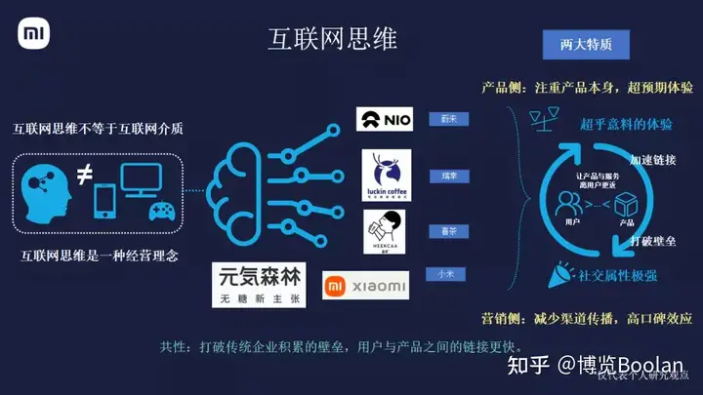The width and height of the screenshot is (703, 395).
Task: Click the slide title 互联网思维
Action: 333,38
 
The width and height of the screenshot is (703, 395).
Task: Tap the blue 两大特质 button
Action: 586,45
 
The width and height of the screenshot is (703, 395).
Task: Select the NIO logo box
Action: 384,119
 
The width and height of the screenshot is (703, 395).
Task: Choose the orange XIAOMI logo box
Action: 366,285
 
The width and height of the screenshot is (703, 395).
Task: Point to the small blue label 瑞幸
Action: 449,177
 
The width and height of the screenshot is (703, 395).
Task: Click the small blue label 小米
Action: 444,274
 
